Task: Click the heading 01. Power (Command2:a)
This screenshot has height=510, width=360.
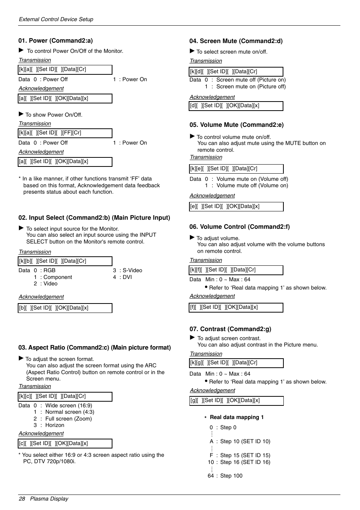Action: [x=55, y=41]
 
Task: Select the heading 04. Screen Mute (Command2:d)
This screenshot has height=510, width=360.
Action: [x=236, y=41]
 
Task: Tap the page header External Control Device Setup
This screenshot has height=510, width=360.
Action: [x=56, y=19]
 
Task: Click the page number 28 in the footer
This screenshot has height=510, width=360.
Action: [x=22, y=499]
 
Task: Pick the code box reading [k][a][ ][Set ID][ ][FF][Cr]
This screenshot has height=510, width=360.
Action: [x=65, y=133]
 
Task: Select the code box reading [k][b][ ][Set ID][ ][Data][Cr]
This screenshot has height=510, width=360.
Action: [x=65, y=261]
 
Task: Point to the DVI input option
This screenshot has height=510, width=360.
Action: [x=127, y=277]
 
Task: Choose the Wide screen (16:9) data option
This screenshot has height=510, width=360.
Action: [x=69, y=405]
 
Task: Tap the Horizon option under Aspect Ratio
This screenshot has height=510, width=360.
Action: [x=55, y=425]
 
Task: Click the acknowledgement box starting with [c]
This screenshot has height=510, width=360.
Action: [x=65, y=444]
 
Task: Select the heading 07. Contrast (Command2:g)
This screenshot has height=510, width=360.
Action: [x=230, y=329]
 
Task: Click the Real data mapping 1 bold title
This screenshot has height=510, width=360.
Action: [x=237, y=417]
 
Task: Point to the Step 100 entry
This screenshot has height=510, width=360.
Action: [x=231, y=476]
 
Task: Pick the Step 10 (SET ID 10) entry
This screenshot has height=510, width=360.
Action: [x=245, y=441]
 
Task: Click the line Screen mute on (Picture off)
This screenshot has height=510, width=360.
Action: [x=251, y=86]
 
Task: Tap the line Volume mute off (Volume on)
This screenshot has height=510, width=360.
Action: [x=252, y=185]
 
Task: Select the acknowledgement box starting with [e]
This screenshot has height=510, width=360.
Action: [x=236, y=206]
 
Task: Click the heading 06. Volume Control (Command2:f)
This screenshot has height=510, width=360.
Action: [x=239, y=227]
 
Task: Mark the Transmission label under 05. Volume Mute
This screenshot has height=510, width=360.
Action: [x=206, y=157]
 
